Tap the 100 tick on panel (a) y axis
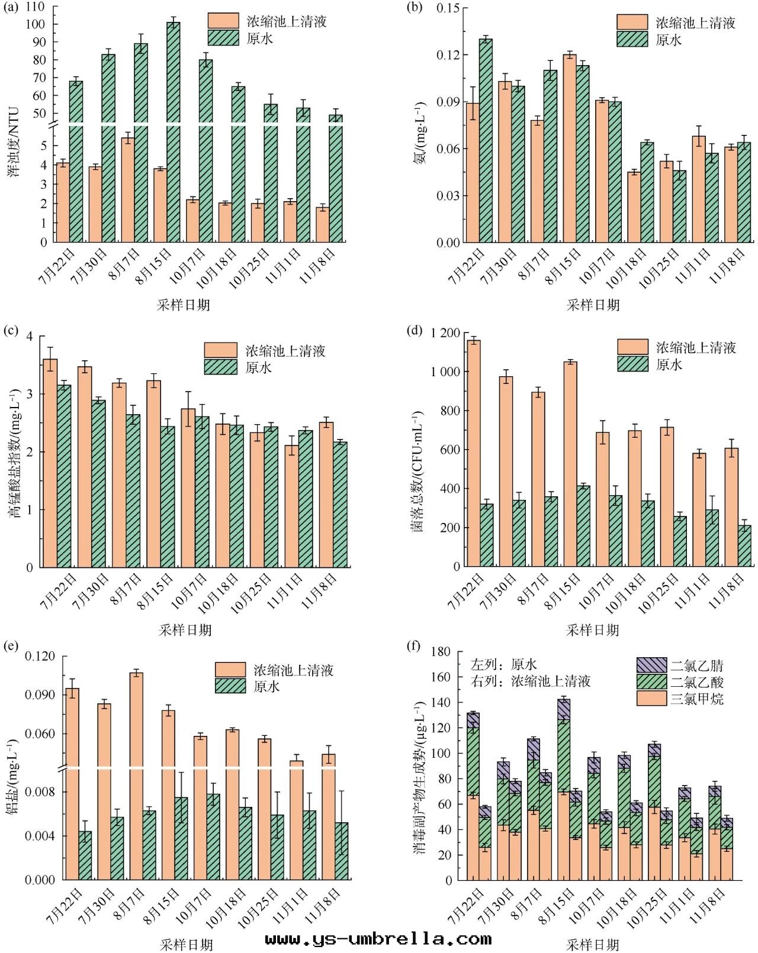pos(37,24)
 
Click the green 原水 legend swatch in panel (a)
pos(223,38)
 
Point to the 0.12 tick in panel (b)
pos(448,55)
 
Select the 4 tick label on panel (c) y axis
pos(29,337)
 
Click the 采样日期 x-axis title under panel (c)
pos(185,631)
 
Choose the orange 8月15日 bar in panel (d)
pos(570,464)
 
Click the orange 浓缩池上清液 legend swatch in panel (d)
pos(632,347)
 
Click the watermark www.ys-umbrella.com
pos(378,939)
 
